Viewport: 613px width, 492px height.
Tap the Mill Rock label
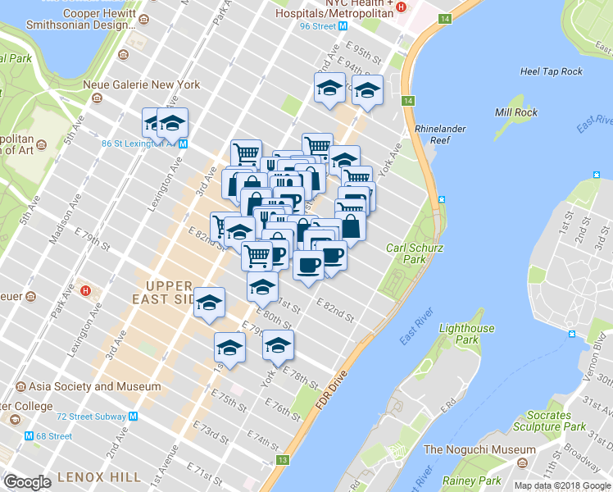(x=515, y=112)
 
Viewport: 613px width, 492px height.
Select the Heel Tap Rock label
(x=552, y=71)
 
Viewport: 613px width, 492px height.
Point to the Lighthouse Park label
(x=467, y=334)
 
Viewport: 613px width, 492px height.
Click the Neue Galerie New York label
(x=142, y=84)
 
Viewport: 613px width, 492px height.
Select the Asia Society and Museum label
(x=94, y=386)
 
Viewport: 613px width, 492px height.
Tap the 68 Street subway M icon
(x=29, y=436)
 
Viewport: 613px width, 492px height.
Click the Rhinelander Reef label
(x=434, y=134)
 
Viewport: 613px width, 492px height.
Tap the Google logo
(x=27, y=481)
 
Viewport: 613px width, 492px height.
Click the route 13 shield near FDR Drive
(x=284, y=461)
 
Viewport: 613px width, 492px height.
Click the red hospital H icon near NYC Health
(x=401, y=7)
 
